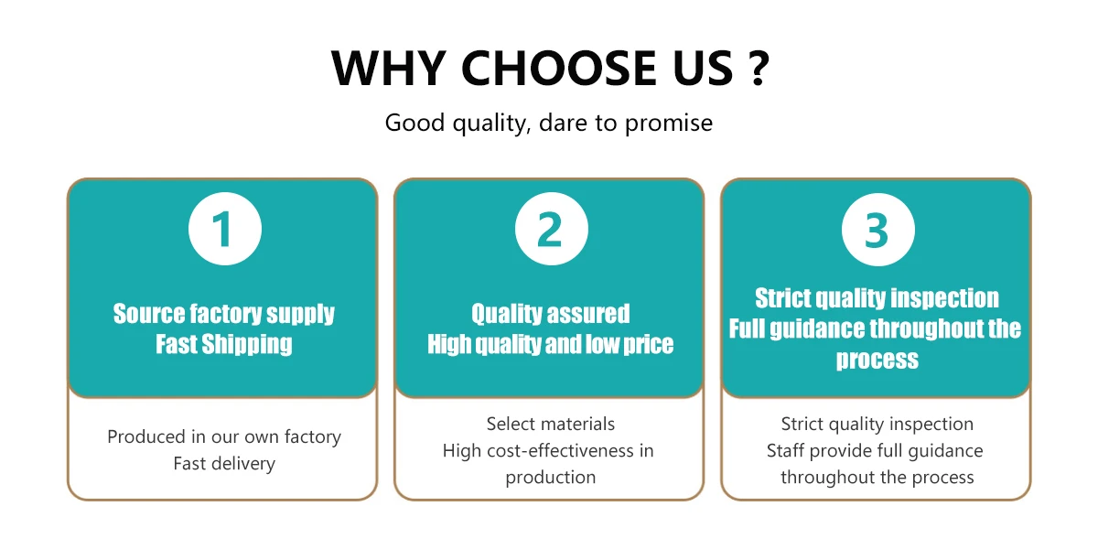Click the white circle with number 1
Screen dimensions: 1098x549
click(225, 229)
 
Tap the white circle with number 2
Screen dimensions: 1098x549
click(552, 229)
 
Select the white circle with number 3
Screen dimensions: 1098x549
click(877, 230)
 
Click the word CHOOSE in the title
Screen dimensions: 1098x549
click(558, 68)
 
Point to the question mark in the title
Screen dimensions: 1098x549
click(759, 68)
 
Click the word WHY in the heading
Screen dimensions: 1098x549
click(388, 68)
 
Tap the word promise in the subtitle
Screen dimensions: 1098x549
click(669, 124)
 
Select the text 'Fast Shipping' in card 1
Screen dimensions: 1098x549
click(224, 344)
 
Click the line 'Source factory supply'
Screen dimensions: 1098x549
click(224, 314)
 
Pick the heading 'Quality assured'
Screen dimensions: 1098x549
click(551, 314)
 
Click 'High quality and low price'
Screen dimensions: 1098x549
click(551, 344)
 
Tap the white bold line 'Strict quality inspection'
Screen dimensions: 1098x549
click(877, 298)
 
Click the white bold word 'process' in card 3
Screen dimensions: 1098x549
click(877, 360)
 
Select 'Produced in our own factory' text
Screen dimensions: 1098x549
click(224, 436)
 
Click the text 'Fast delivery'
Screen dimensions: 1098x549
click(224, 463)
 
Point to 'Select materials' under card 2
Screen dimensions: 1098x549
click(551, 424)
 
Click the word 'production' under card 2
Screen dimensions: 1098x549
click(551, 478)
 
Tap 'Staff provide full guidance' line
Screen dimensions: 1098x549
click(875, 451)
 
